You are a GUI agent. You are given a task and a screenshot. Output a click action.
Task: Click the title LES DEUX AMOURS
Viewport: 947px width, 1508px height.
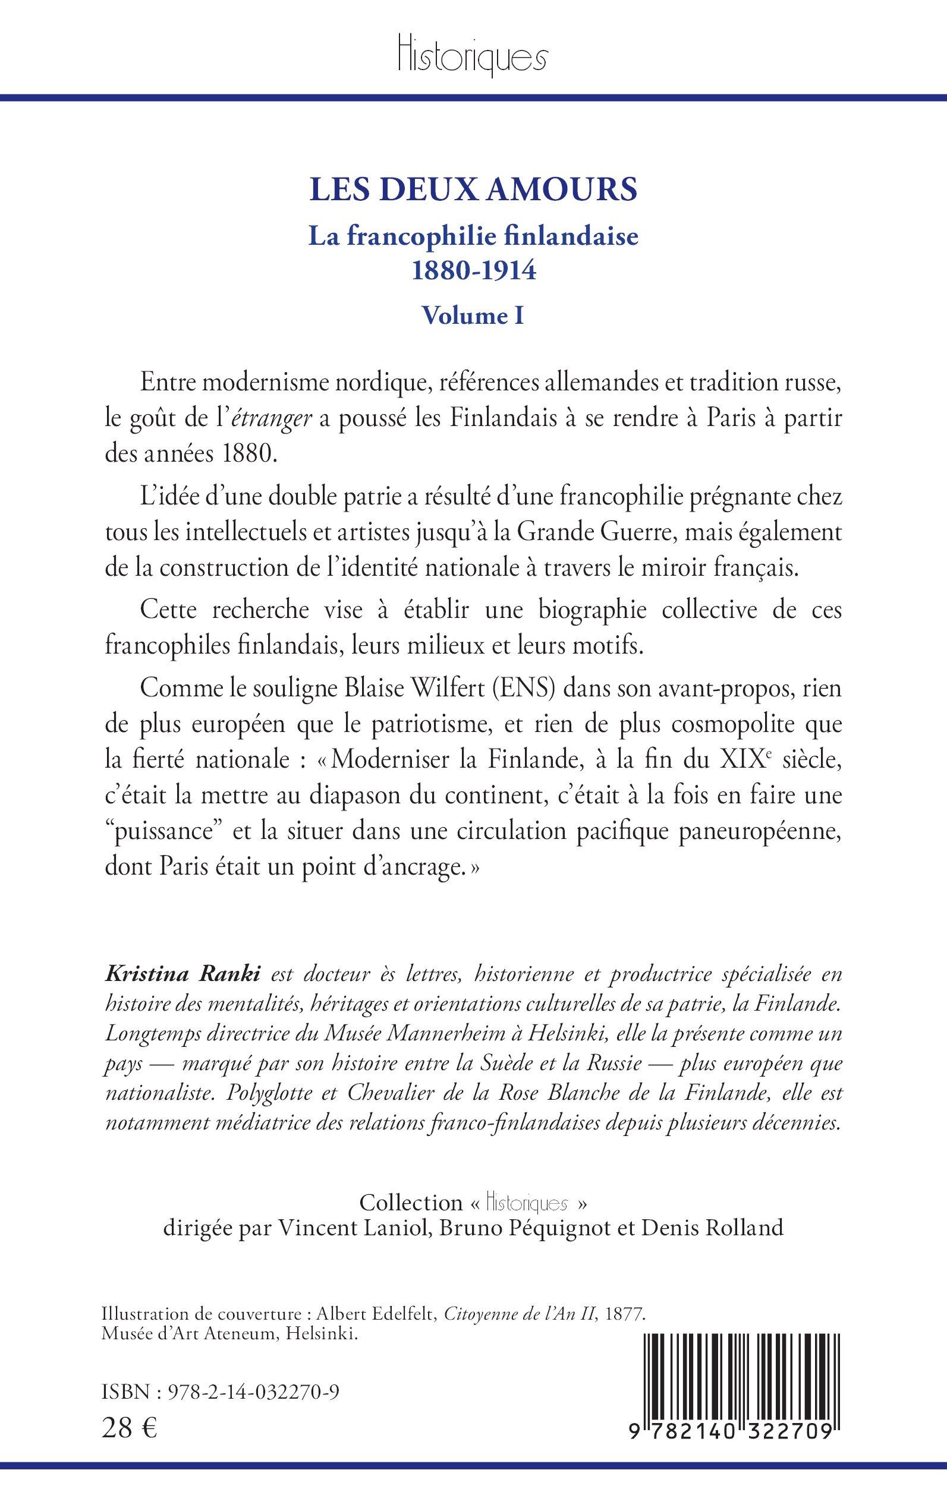[473, 190]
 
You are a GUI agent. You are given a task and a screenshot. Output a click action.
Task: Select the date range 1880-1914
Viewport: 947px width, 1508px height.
[473, 270]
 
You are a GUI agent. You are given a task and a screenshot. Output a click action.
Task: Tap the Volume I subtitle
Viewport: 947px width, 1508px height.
[473, 316]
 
